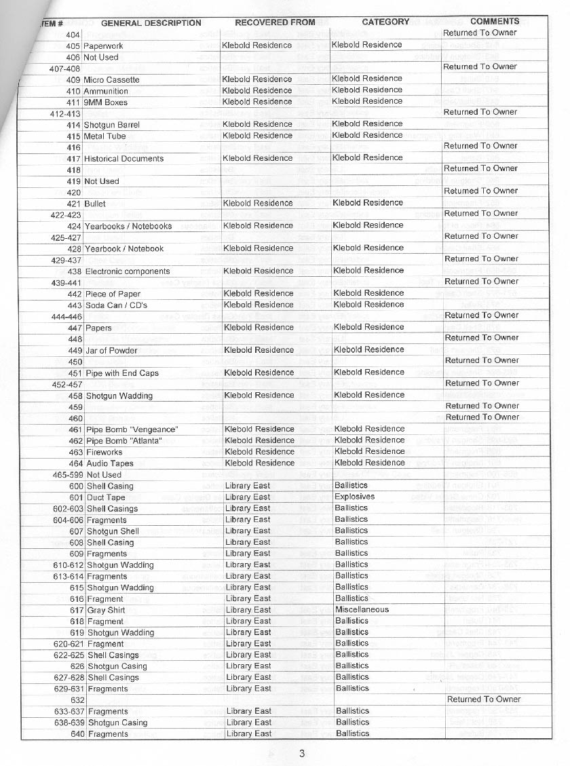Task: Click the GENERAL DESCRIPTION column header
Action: click(151, 22)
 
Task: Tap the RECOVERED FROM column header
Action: click(275, 22)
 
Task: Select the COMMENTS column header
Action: click(495, 21)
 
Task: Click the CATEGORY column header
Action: click(385, 22)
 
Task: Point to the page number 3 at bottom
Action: click(302, 753)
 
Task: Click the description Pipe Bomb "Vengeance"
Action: click(132, 429)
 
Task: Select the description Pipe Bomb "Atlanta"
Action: click(123, 441)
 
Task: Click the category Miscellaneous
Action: click(362, 609)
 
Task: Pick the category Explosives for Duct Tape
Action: click(355, 497)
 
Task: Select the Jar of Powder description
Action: click(111, 351)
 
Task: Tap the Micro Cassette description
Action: click(111, 80)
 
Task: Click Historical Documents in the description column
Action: click(123, 159)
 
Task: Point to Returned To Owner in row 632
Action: click(484, 699)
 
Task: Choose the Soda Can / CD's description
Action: click(116, 305)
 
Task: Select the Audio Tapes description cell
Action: click(110, 463)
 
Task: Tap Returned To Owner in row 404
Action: click(480, 33)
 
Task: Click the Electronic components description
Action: click(128, 271)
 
